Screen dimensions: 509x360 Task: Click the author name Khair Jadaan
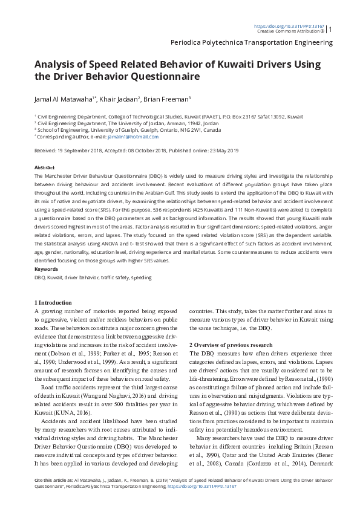tap(120, 99)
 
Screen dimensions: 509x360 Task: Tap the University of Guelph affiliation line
tap(129, 130)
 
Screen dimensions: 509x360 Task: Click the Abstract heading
tap(45, 167)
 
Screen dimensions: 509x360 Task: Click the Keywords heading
tap(47, 269)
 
